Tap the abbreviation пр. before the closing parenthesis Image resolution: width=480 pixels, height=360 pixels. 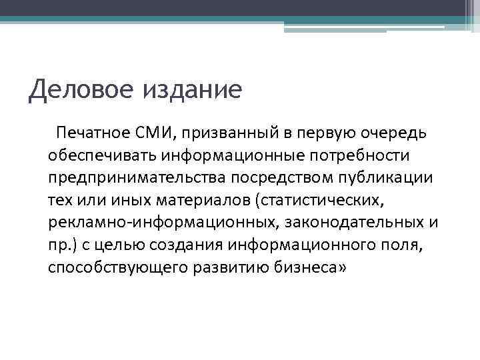point(60,245)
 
